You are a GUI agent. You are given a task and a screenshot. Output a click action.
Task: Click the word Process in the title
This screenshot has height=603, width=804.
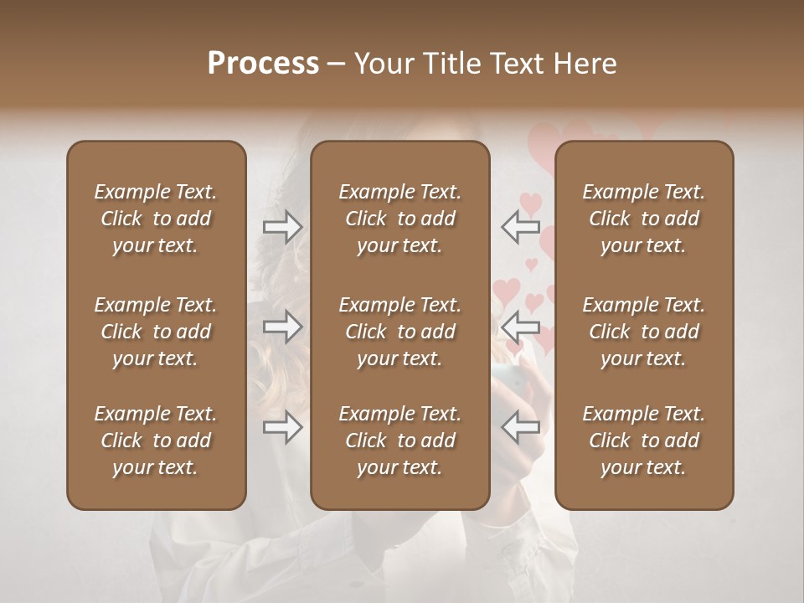263,63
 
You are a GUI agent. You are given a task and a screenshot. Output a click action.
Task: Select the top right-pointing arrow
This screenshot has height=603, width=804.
282,226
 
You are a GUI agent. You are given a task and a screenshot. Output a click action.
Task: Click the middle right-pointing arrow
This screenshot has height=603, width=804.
282,326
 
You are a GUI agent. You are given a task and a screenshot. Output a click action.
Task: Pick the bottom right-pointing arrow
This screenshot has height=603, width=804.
282,427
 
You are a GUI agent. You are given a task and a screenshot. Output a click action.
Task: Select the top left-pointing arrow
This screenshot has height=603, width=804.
521,225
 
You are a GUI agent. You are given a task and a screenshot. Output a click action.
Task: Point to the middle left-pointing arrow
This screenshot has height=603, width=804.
521,326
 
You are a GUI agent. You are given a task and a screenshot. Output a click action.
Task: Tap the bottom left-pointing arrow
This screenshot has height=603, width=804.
521,427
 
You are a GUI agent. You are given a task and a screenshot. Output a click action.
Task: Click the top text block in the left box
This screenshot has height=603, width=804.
156,219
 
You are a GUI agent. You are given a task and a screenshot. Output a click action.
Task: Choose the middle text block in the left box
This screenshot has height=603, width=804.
156,332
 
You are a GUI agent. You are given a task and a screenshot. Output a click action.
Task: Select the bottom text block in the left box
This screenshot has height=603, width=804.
156,441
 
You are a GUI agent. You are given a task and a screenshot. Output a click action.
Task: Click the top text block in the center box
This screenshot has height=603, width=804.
399,219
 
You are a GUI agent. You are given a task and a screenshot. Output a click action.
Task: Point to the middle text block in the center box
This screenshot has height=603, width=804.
399,332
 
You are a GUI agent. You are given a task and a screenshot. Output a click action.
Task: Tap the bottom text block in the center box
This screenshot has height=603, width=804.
399,441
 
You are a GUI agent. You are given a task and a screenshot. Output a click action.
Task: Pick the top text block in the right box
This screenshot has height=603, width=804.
644,219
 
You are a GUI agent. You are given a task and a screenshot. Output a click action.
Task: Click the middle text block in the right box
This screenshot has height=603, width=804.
644,332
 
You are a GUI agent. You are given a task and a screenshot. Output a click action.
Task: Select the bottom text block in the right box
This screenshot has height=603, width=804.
644,441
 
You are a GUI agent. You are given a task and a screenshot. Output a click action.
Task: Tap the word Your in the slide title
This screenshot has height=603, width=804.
383,63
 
